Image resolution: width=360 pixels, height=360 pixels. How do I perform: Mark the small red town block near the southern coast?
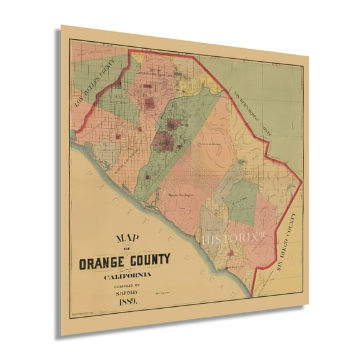232,253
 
